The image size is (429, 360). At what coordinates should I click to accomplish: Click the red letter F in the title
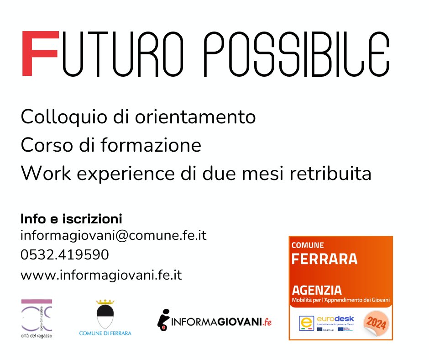[x=40, y=53]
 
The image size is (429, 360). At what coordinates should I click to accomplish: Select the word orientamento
[x=195, y=117]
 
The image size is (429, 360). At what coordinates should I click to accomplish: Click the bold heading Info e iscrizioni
[x=71, y=218]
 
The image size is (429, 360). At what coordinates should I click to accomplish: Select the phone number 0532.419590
[x=64, y=255]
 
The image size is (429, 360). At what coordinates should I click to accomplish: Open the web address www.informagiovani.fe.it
[x=101, y=275]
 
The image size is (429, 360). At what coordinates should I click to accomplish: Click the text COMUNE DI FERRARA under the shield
[x=105, y=333]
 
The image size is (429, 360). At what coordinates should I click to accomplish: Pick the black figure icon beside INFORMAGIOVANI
[x=163, y=320]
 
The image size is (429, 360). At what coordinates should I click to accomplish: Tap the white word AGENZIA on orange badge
[x=316, y=290]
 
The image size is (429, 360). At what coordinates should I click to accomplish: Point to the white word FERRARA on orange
[x=324, y=259]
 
